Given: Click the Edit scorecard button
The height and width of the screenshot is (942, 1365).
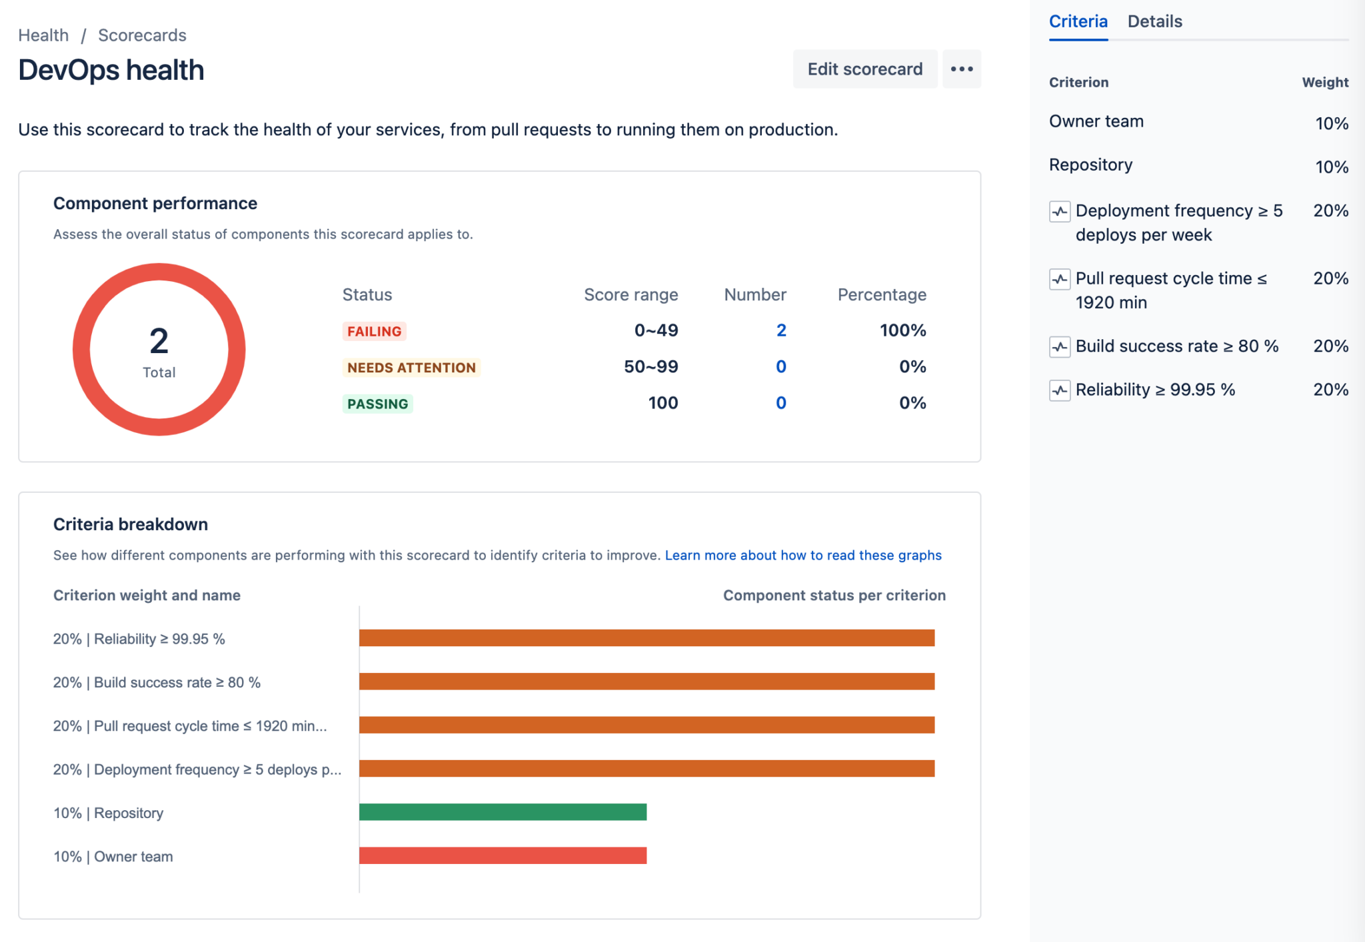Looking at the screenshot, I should (864, 69).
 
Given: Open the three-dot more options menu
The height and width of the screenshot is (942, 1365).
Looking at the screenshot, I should (961, 69).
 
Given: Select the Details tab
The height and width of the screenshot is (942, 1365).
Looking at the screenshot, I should (1154, 21).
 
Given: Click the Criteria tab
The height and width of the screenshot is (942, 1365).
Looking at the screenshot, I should (1078, 21).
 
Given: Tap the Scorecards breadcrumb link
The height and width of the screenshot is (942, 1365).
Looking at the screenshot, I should (142, 35).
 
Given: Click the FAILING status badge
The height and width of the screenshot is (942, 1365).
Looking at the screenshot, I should (374, 331).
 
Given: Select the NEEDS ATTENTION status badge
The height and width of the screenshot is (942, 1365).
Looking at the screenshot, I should (411, 368).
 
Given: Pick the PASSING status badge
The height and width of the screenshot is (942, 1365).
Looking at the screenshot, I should (377, 404).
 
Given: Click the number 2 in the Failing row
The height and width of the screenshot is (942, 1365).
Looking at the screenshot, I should (781, 330).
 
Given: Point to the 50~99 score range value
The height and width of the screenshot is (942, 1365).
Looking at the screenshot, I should (651, 366).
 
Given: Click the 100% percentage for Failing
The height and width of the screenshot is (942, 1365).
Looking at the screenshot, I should (902, 330).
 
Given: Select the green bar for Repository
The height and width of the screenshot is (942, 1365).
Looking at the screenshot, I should (503, 812).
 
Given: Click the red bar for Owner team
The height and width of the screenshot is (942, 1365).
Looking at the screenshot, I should (503, 855).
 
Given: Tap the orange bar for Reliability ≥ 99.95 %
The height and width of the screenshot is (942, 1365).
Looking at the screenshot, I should (647, 638).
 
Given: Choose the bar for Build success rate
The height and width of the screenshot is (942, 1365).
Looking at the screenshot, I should (647, 682).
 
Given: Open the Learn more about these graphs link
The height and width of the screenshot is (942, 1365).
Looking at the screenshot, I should (802, 555).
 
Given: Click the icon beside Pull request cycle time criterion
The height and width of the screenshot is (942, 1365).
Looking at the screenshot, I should (1060, 279).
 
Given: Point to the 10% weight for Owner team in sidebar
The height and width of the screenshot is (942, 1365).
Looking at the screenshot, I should (1331, 123).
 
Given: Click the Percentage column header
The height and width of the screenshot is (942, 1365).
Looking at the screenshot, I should (881, 294).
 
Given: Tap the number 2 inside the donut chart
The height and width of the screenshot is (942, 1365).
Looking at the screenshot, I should (159, 341).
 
